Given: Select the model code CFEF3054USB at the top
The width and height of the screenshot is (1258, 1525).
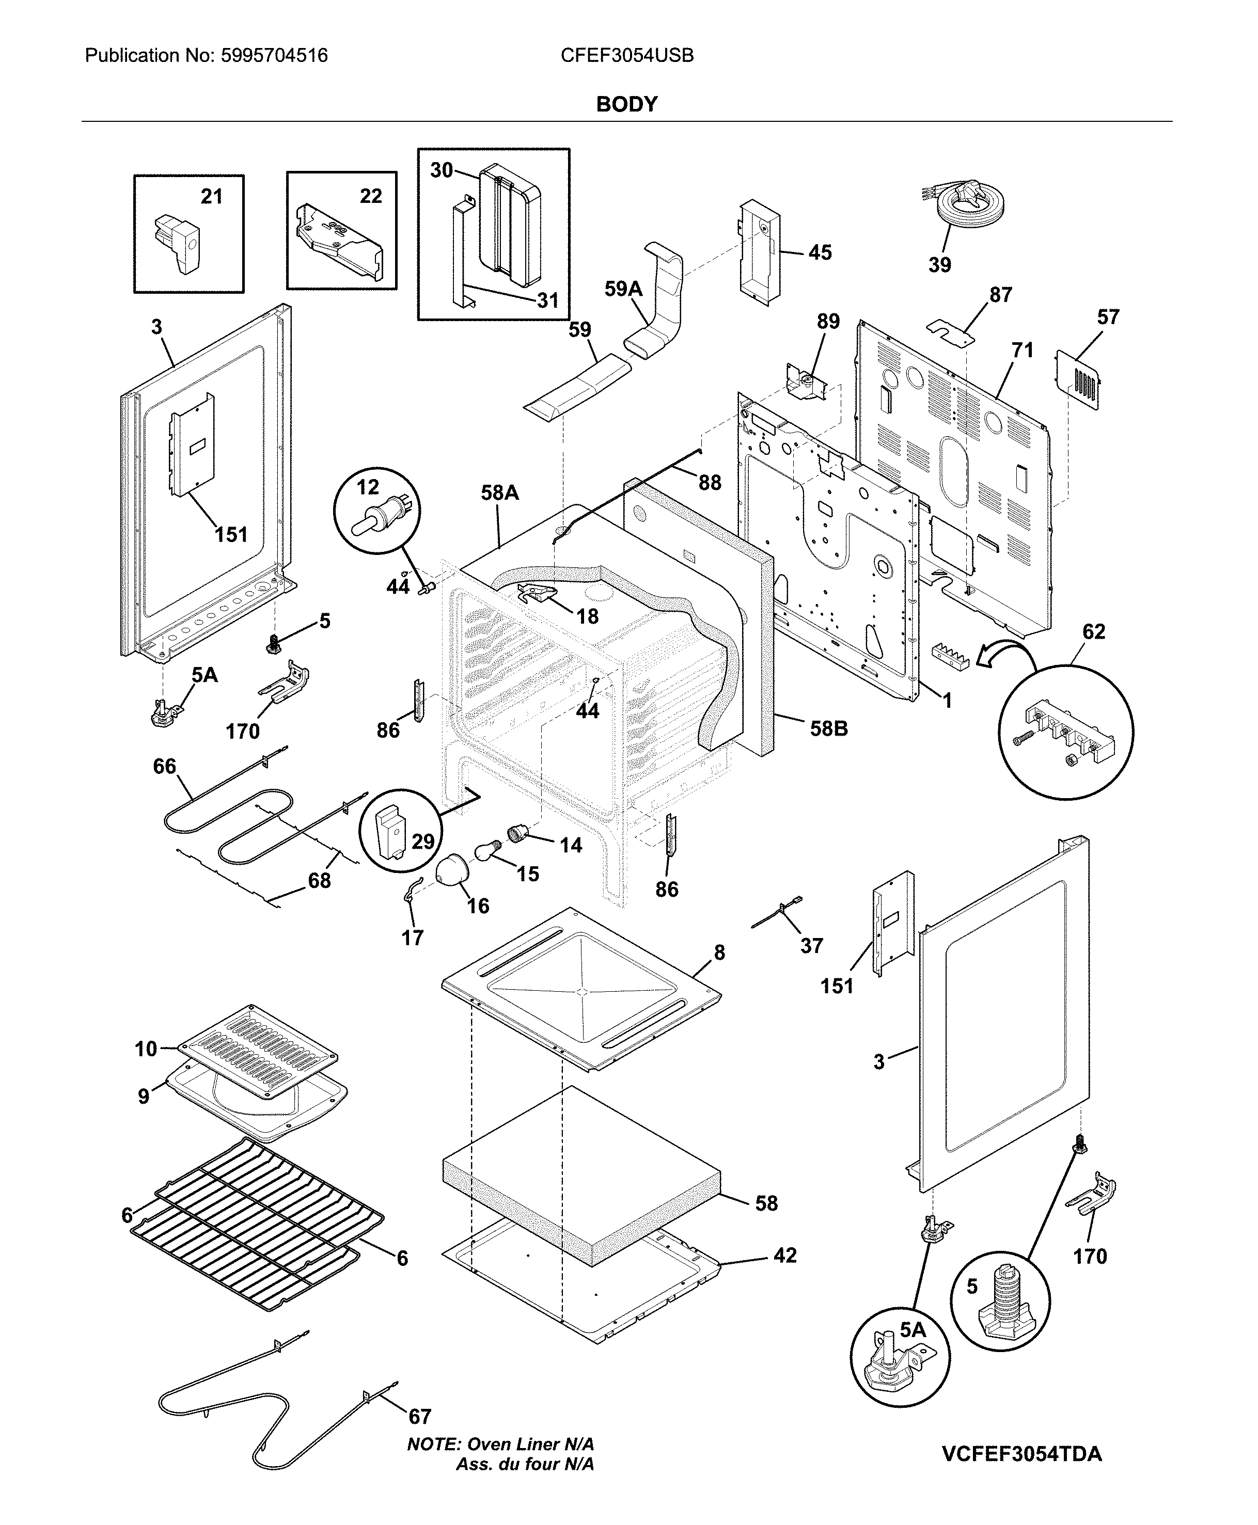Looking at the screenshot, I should point(627,56).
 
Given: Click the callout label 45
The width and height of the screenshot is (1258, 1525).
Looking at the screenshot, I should point(820,253).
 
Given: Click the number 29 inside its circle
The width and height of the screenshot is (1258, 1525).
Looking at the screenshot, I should point(422,841).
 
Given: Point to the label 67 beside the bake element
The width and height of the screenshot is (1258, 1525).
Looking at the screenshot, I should point(419,1417).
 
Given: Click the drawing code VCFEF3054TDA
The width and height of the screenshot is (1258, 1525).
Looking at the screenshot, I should point(1022,1454).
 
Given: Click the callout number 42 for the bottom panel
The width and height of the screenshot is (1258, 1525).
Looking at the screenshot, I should point(785,1255).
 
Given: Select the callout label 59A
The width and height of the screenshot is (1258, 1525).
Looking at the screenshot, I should point(623,289).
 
